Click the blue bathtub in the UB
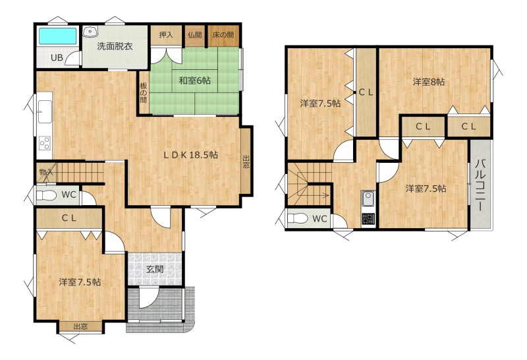[x=57, y=36]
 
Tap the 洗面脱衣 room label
[x=115, y=46]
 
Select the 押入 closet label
[x=166, y=35]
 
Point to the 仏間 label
[x=195, y=35]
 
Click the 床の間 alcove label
[x=223, y=35]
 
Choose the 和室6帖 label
[x=195, y=80]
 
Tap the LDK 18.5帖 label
[x=190, y=155]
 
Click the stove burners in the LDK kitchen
[x=45, y=143]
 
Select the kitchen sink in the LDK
[x=45, y=111]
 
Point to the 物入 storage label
[x=46, y=172]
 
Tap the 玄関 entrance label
[x=155, y=269]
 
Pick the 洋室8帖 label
[x=429, y=82]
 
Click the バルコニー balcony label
[x=481, y=186]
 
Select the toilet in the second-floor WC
[x=298, y=219]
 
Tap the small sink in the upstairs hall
[x=368, y=199]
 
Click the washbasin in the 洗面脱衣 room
[x=90, y=31]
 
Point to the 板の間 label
[x=144, y=92]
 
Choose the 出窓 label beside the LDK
[x=246, y=162]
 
